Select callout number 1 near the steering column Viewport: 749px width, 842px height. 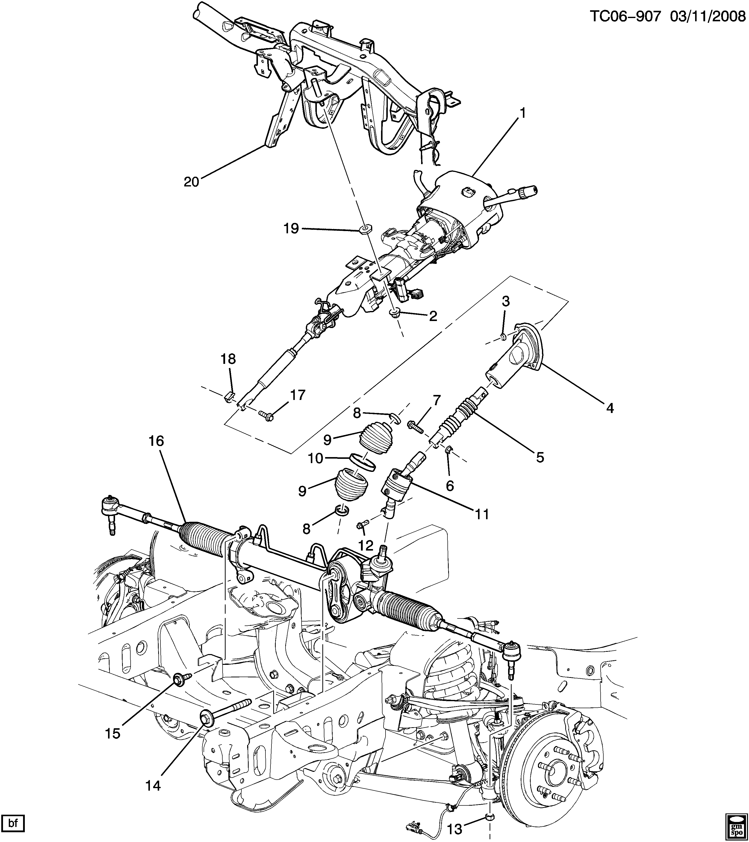(522, 113)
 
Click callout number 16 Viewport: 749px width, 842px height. (157, 441)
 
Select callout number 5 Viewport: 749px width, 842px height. (540, 456)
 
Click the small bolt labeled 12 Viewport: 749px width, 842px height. (362, 524)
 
